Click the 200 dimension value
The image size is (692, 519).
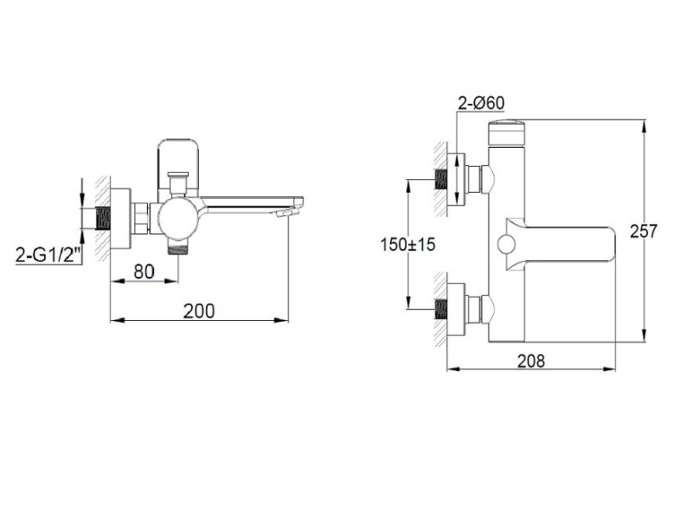coord(199,311)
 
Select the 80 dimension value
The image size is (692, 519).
coord(144,272)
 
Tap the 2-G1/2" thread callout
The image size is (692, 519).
coord(48,255)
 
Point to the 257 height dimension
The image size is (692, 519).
coord(644,231)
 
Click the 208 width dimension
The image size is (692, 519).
coord(531,361)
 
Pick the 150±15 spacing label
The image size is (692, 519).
coord(407,244)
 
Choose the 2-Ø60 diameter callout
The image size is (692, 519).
coord(481,103)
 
